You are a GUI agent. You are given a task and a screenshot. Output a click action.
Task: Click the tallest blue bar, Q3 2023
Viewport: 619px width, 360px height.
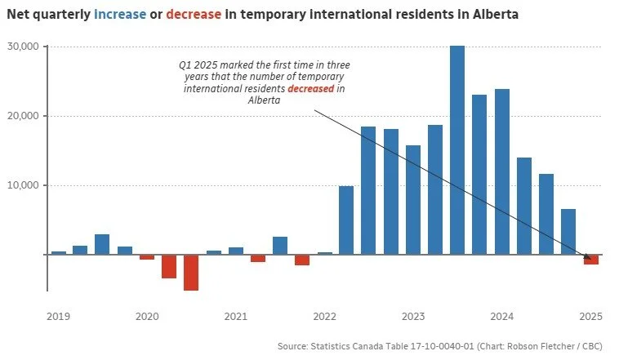pos(457,150)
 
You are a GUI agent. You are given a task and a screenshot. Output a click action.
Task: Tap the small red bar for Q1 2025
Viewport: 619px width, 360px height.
pos(590,260)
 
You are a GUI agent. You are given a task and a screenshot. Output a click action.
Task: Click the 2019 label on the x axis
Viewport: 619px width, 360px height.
pos(58,316)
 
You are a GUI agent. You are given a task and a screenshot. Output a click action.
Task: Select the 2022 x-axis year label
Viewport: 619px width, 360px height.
pos(324,316)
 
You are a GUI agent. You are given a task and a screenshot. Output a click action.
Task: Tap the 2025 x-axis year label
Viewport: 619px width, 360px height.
pos(590,316)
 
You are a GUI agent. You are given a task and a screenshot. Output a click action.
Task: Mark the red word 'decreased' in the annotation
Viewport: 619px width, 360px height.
pos(311,88)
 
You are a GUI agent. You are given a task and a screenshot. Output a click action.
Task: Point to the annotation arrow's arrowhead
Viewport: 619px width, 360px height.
pos(588,259)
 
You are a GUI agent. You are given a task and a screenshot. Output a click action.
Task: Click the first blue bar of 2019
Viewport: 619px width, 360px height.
pos(59,252)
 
